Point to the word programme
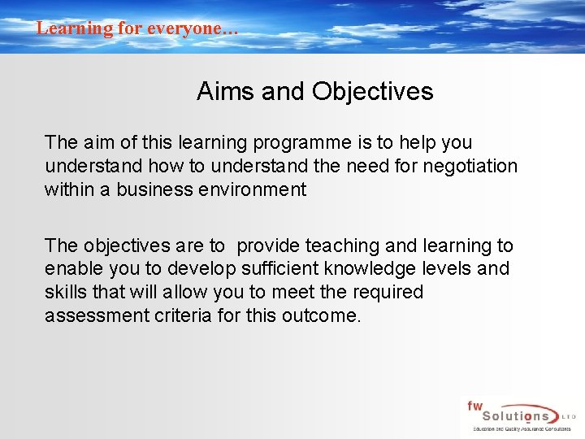[x=302, y=143]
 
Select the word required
[x=383, y=292]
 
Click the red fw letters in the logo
[x=474, y=405]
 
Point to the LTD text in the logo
[x=568, y=417]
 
